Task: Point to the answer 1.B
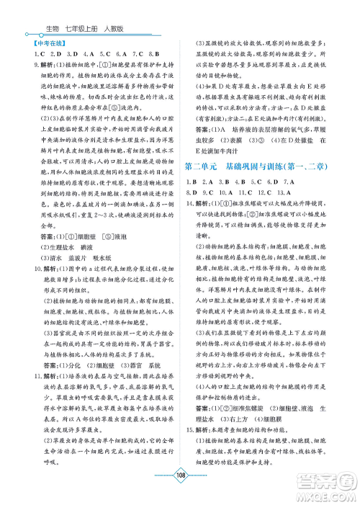point(191,202)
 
